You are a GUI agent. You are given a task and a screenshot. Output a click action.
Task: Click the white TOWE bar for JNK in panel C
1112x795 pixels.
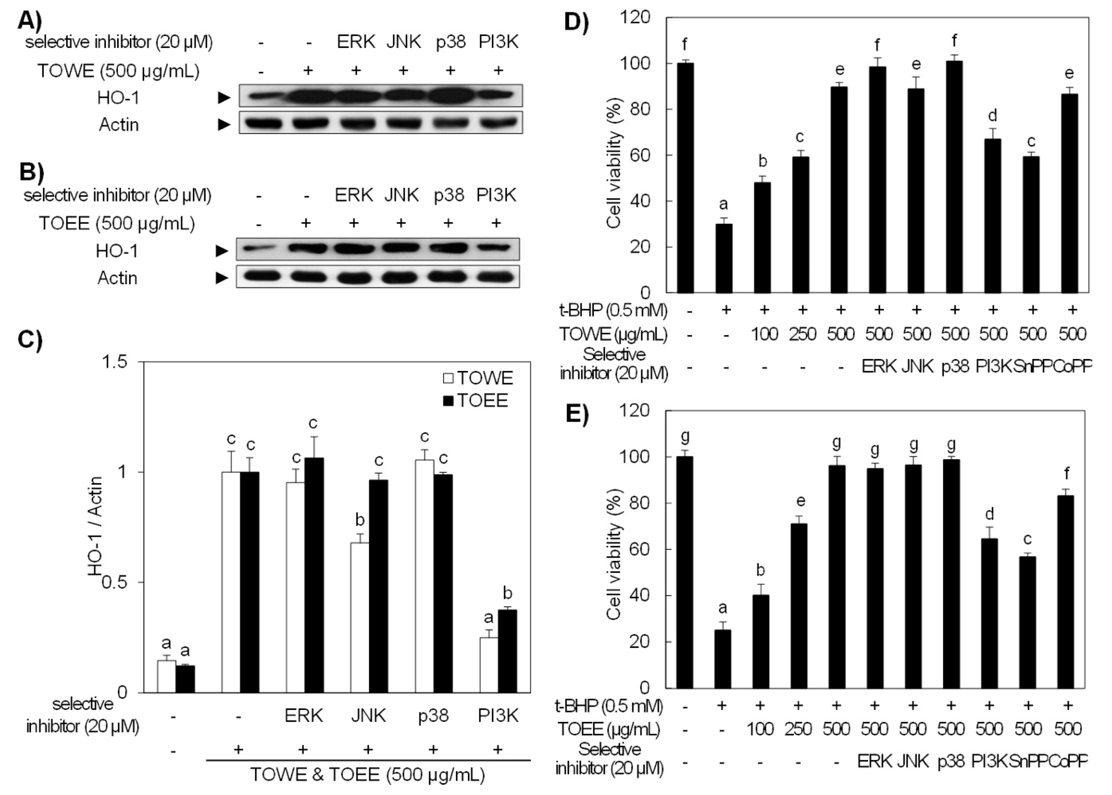(x=360, y=617)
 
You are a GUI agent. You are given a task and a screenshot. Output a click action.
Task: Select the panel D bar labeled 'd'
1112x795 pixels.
(x=992, y=215)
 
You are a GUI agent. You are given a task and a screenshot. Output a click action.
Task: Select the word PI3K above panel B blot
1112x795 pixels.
(x=496, y=195)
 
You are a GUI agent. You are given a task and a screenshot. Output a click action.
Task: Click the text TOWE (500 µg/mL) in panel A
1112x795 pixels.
(x=118, y=71)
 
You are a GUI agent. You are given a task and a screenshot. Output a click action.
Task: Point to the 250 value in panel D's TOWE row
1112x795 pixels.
(x=802, y=334)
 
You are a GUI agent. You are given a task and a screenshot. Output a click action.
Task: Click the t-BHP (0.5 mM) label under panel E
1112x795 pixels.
(x=609, y=706)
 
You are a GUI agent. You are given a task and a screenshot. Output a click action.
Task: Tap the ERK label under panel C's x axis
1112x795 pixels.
(x=303, y=716)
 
